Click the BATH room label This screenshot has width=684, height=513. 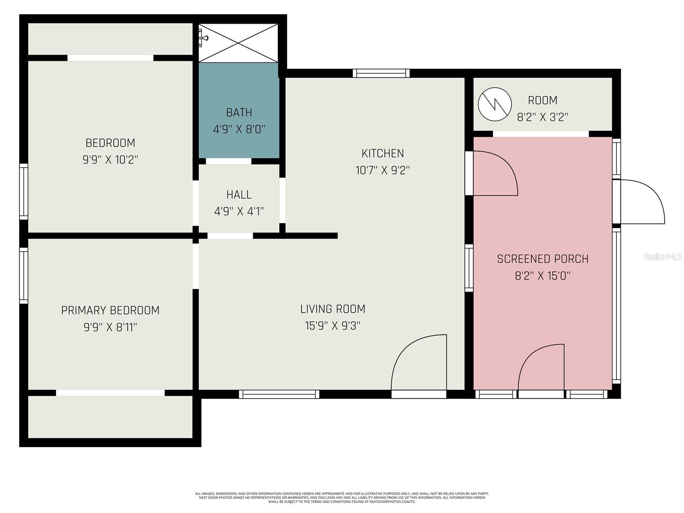239,112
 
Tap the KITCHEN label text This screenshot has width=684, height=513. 383,153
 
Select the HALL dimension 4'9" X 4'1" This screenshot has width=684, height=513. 239,211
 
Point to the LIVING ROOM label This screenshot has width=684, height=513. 333,309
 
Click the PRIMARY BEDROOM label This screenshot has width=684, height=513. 110,310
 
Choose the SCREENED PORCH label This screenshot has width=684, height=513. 542,259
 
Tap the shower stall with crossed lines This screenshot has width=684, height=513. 239,43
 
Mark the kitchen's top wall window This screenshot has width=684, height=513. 381,74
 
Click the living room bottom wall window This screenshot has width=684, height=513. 279,394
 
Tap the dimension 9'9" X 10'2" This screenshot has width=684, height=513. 110,160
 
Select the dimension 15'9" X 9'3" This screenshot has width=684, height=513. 333,326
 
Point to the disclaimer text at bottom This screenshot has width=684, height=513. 342,498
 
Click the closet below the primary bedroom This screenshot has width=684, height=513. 110,417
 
